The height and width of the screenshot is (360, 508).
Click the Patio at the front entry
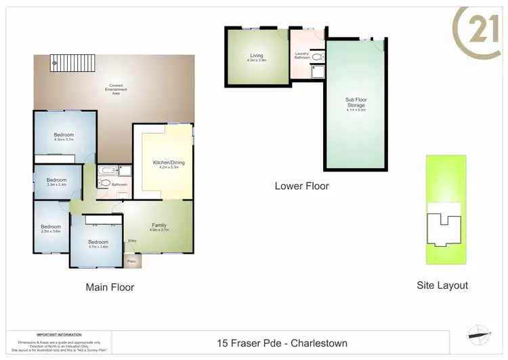132,260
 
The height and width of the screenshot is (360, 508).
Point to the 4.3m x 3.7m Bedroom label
64,137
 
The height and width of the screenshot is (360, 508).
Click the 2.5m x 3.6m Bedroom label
50,228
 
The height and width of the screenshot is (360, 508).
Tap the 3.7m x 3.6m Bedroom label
98,244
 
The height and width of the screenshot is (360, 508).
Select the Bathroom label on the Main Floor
120,184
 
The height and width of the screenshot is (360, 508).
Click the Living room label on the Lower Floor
257,58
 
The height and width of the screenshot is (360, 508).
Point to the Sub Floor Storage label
356,103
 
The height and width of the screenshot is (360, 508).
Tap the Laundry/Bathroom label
302,56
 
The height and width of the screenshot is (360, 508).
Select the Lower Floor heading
301,186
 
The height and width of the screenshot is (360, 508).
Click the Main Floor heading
110,287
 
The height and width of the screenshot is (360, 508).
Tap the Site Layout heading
442,285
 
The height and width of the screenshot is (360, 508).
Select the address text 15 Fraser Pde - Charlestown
282,344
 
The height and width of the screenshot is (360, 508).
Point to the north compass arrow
478,332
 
